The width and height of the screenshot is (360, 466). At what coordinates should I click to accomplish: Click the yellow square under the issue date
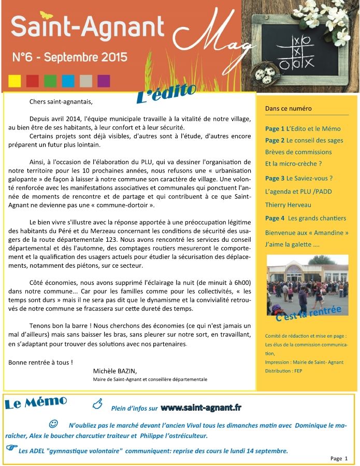[x=15, y=81]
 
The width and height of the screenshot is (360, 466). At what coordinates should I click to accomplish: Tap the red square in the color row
[x=33, y=81]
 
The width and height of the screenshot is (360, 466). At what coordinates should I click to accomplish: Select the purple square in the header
[x=104, y=81]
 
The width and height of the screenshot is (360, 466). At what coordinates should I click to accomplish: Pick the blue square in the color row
[x=68, y=81]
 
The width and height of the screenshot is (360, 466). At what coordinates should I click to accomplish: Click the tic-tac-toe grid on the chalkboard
[x=297, y=52]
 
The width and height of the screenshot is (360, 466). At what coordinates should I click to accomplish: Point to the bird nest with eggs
[x=265, y=72]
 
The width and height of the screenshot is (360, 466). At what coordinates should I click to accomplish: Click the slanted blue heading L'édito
[x=166, y=93]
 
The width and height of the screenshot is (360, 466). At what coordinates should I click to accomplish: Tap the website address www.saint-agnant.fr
[x=201, y=407]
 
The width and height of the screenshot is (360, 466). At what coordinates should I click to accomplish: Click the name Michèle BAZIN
[x=115, y=371]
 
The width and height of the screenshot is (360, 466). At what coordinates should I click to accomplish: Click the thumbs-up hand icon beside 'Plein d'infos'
[x=97, y=403]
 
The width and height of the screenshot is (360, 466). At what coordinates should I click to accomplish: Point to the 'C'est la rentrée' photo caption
[x=309, y=312]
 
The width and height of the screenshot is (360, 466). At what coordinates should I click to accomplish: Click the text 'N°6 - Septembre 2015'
[x=70, y=57]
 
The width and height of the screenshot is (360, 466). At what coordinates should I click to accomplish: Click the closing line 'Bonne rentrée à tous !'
[x=40, y=362]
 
